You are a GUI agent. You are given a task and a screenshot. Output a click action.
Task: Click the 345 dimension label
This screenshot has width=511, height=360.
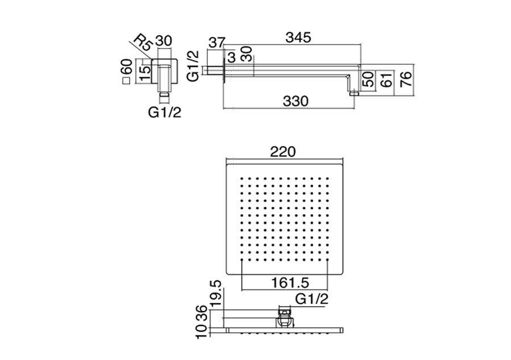pos(298,38)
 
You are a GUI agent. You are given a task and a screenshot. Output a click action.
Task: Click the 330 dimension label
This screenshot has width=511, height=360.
pos(295,101)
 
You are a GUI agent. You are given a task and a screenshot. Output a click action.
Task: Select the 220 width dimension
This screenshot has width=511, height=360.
pos(283,152)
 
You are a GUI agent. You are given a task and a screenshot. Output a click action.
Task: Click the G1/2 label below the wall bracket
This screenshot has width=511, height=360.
pos(165,112)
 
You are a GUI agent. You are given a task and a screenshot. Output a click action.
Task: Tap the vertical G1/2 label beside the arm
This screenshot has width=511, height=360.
pos(193,66)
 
